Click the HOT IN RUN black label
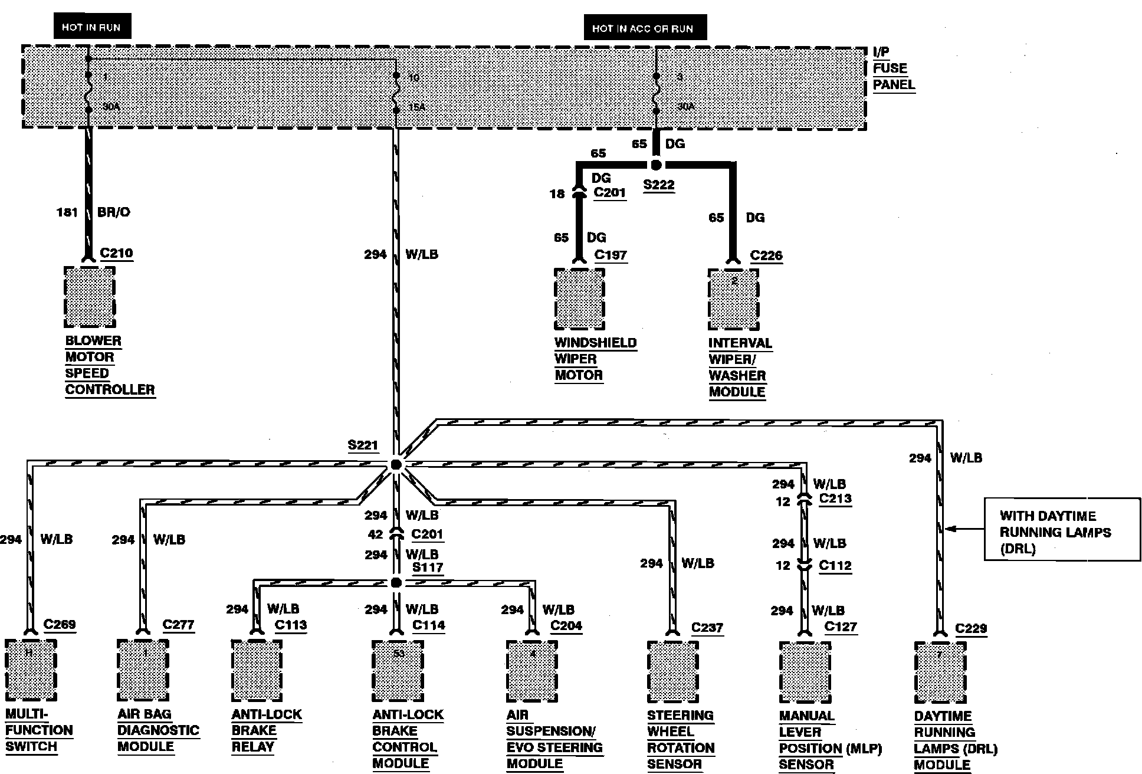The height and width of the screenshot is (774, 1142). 91,27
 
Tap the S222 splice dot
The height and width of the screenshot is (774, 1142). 656,165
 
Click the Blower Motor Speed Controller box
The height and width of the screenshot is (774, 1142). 90,297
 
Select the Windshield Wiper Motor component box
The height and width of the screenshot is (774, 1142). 579,300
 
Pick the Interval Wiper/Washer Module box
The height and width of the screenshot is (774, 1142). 733,300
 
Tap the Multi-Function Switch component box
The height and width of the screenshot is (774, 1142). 31,671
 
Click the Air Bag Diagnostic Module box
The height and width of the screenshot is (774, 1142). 143,671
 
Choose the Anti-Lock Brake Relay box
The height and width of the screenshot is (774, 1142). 257,671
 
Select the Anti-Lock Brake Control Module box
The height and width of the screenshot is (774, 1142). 398,671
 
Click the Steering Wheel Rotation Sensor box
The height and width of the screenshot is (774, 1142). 672,673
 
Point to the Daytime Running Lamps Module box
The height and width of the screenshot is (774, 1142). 940,673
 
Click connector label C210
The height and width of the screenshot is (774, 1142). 116,253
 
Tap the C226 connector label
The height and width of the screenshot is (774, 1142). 766,255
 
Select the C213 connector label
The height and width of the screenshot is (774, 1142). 835,498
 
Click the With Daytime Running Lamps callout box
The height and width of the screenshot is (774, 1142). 1062,529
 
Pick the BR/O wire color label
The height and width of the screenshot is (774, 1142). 113,212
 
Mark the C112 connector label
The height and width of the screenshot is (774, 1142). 835,565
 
